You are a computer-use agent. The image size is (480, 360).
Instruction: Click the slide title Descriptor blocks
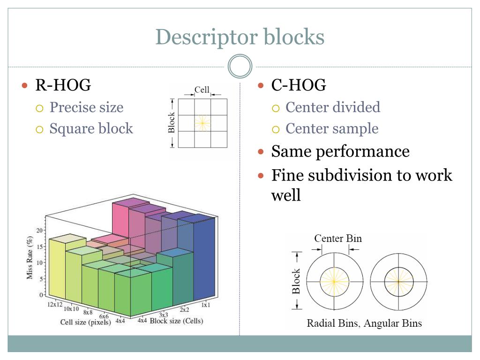click(x=240, y=37)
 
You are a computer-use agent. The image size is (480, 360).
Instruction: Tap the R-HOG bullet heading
click(x=63, y=85)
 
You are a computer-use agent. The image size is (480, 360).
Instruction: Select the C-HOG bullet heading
click(x=299, y=85)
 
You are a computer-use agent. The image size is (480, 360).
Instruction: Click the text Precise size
click(x=86, y=107)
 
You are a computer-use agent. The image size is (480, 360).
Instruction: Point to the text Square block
click(x=91, y=128)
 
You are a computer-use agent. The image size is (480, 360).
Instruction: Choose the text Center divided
click(x=333, y=107)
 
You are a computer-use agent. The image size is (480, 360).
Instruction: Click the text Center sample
click(x=332, y=128)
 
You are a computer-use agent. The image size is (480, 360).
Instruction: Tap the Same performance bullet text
click(x=340, y=151)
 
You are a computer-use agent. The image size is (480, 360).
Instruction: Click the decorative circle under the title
click(x=240, y=67)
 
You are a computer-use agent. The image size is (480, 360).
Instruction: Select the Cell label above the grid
click(x=202, y=90)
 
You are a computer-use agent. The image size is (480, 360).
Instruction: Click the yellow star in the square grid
click(x=202, y=123)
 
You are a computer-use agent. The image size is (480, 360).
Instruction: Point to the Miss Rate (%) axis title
click(x=30, y=258)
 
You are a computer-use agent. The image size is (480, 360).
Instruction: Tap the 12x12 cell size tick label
click(x=55, y=304)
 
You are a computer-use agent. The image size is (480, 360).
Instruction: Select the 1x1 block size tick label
click(x=205, y=305)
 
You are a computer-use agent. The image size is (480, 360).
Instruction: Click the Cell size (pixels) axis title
click(x=85, y=322)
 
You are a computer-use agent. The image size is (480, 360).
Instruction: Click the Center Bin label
click(x=338, y=238)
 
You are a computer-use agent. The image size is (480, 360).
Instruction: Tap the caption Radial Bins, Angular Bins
click(x=364, y=323)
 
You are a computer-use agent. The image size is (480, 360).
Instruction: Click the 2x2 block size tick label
click(x=184, y=310)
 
